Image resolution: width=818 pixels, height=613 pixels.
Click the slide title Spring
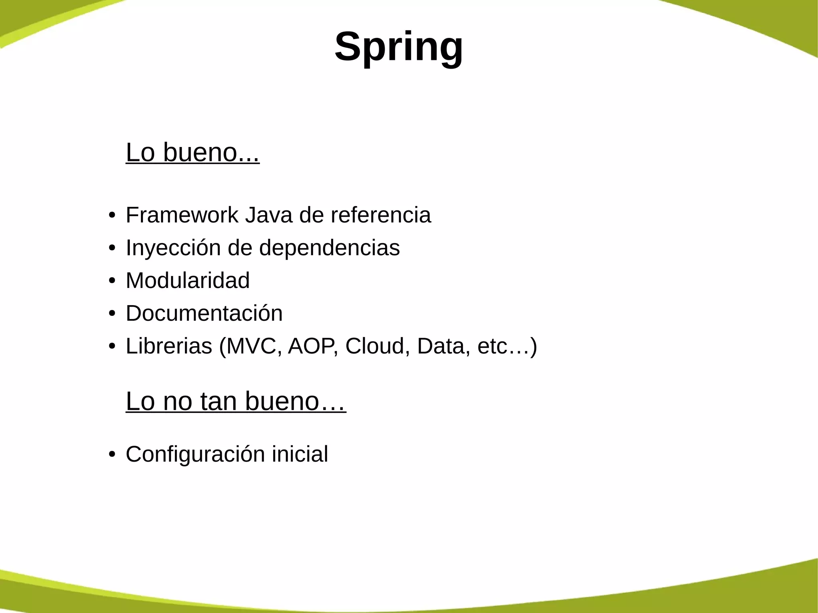pos(399,47)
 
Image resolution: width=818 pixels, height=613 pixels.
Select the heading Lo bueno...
pos(193,153)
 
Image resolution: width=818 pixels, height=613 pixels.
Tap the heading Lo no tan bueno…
pos(236,401)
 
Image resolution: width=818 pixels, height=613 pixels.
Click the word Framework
pos(182,215)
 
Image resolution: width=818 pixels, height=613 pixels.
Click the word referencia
pos(381,215)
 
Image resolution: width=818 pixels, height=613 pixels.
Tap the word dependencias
pos(329,248)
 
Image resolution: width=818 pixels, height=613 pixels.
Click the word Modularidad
pos(188,280)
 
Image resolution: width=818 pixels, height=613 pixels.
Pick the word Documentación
pos(204,313)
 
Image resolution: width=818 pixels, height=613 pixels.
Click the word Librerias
pos(169,346)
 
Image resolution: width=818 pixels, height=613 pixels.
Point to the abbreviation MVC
pos(251,346)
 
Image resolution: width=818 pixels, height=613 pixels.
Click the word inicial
pos(300,454)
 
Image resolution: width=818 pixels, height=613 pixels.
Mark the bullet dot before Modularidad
pos(112,281)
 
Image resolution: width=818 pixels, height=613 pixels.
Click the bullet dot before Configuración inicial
pos(112,455)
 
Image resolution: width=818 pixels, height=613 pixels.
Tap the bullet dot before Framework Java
pos(112,216)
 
